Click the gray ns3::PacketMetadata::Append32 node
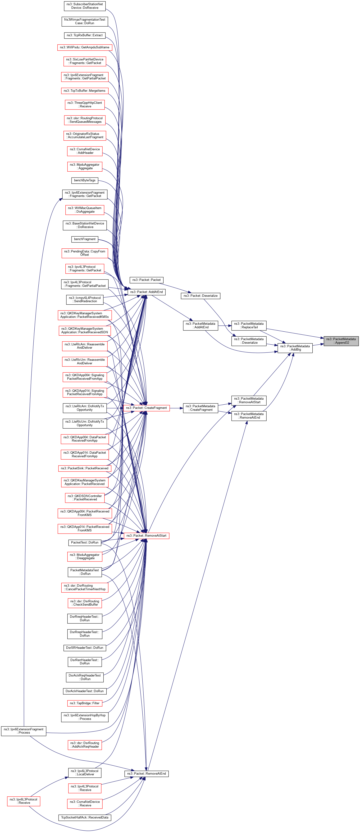coord(341,341)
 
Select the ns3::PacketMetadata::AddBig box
coord(295,348)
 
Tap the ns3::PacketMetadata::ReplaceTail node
coord(249,325)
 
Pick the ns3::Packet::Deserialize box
coord(201,296)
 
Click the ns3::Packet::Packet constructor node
coord(146,280)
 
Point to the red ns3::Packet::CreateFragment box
coord(146,408)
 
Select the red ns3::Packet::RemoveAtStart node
coord(146,535)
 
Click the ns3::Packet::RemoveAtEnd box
coord(146,773)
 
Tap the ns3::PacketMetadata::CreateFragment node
coord(200,408)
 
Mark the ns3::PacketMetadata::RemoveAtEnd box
coord(249,416)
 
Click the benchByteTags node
coord(85,180)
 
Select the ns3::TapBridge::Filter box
coord(85,703)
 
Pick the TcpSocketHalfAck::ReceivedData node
coord(85,818)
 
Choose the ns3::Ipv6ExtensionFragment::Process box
coord(23,731)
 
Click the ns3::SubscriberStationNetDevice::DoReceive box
coord(85,6)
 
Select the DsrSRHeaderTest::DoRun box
coord(85,648)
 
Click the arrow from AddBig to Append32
coord(318,344)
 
